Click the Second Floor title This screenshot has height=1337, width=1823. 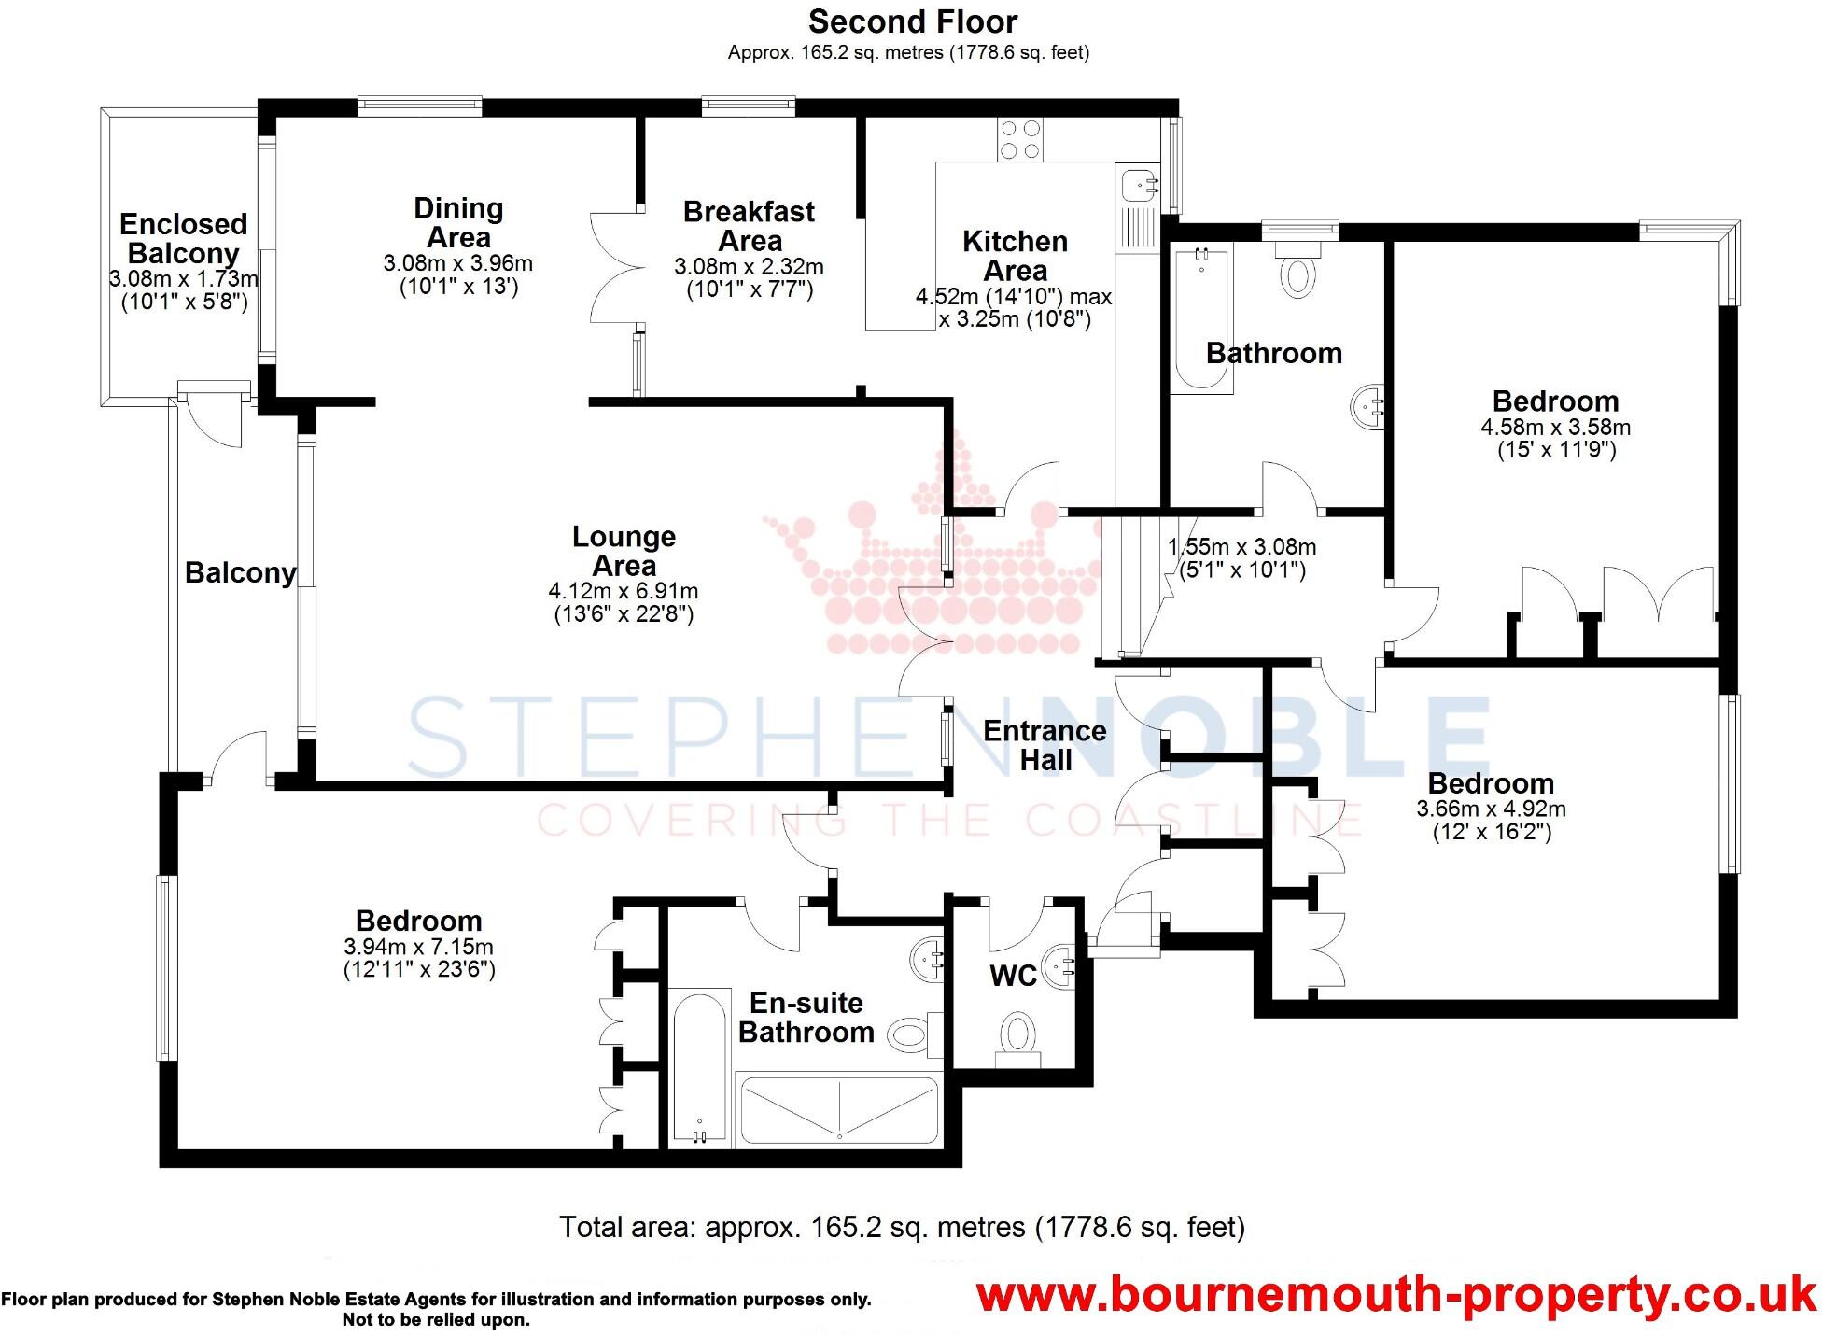(x=912, y=21)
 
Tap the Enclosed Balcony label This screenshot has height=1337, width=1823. (x=183, y=239)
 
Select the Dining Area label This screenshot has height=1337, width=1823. (x=458, y=222)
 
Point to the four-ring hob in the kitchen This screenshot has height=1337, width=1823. (x=1019, y=139)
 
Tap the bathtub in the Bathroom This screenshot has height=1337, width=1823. (x=1200, y=317)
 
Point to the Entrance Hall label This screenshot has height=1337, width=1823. (x=1045, y=745)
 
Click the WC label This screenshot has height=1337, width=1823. (x=1013, y=976)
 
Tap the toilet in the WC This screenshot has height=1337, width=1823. (x=1017, y=1037)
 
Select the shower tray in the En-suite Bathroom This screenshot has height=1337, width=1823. (x=837, y=1109)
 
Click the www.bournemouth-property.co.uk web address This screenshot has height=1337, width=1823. (x=1395, y=1296)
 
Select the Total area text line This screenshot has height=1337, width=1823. (x=902, y=1226)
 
